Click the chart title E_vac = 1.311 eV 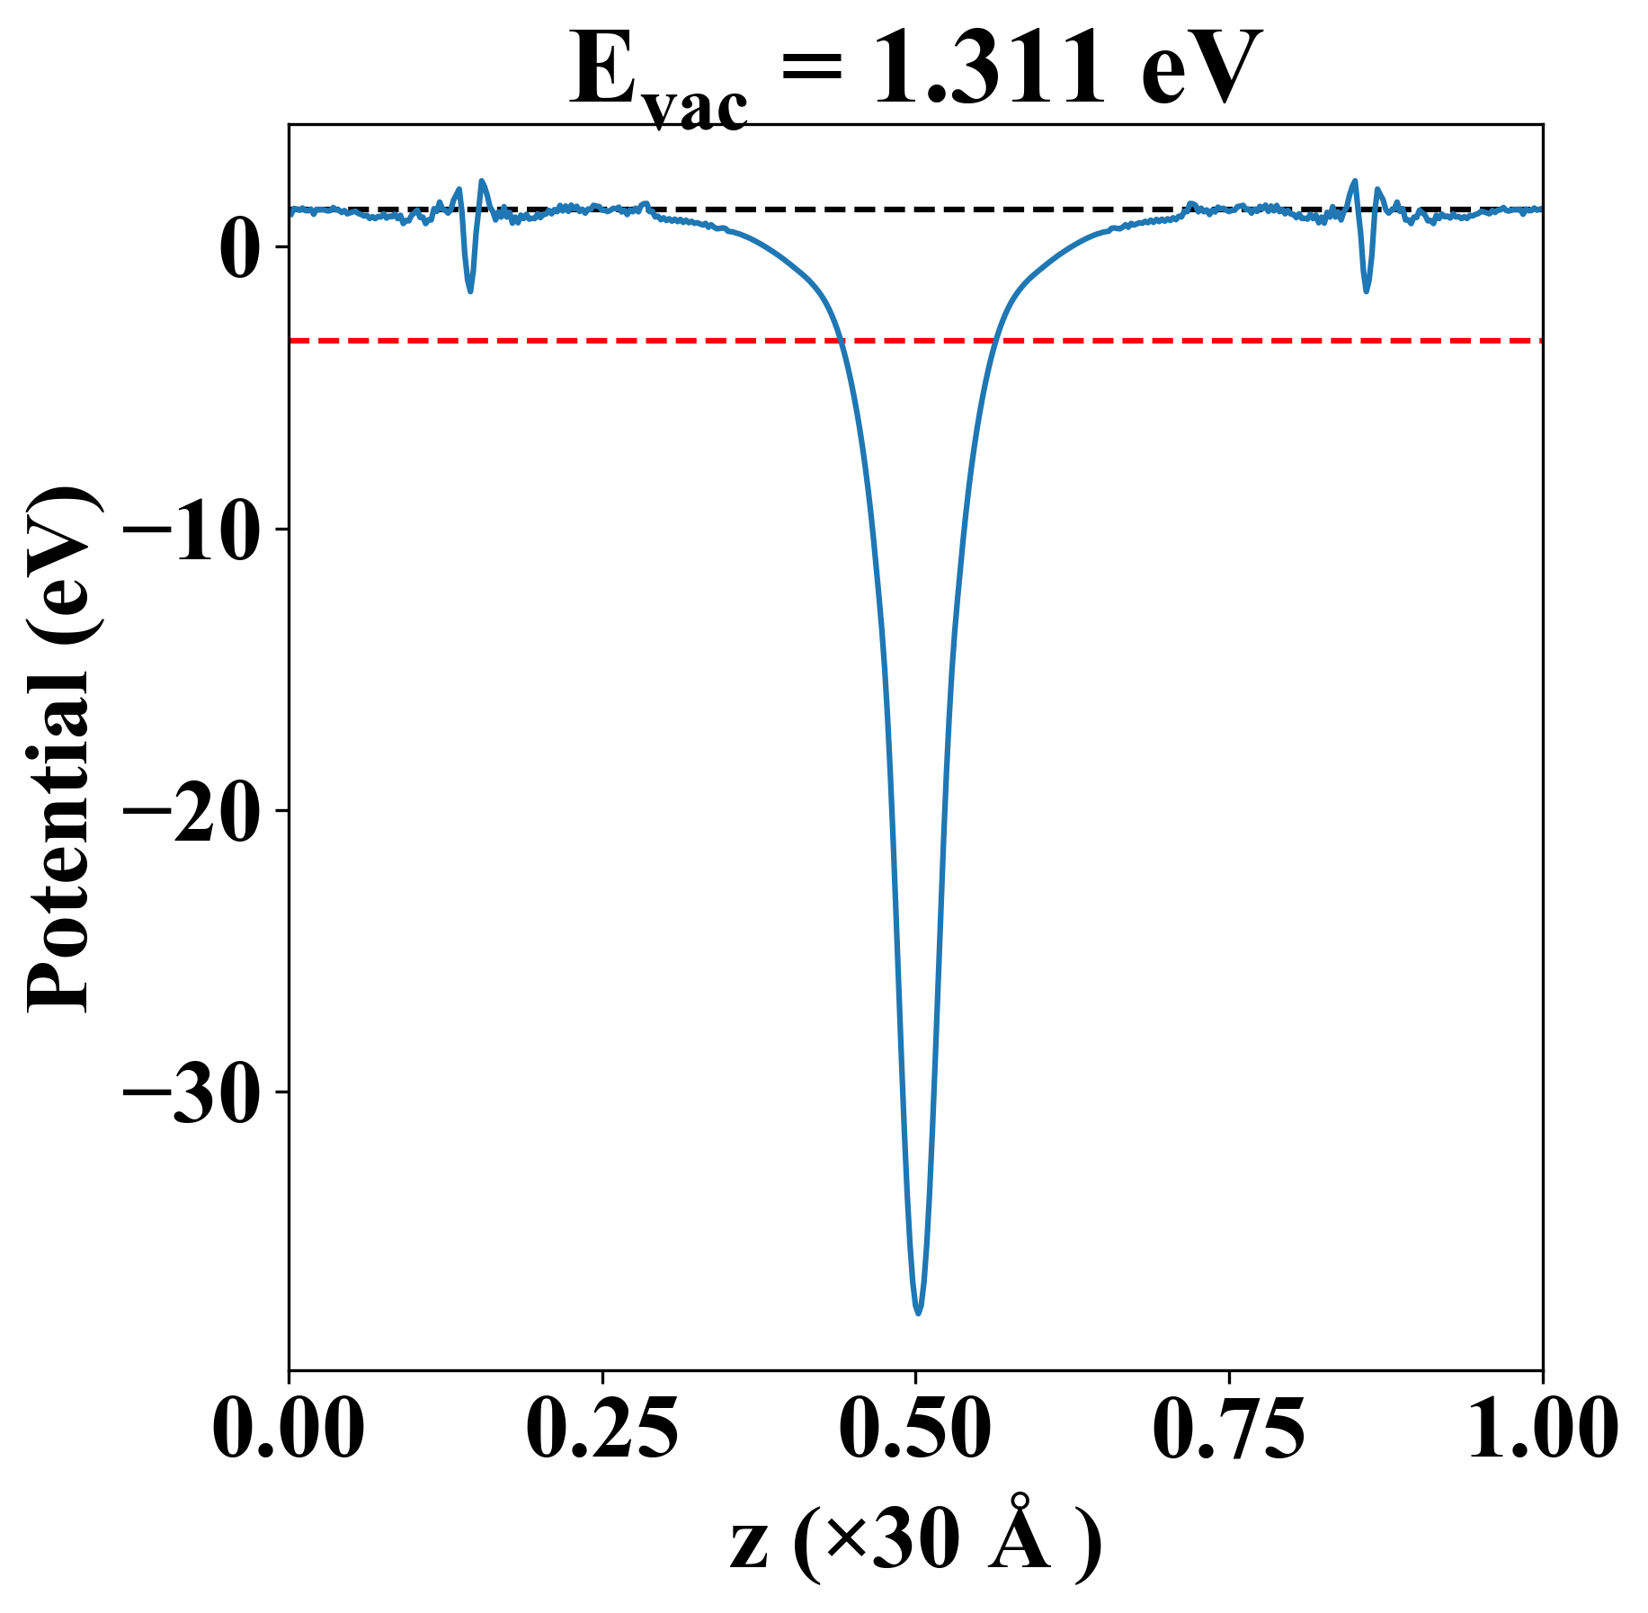coord(915,72)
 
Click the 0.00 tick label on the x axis coord(289,1430)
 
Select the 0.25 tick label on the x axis coord(601,1430)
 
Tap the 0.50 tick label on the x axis coord(915,1430)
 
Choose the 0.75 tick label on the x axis coord(1228,1430)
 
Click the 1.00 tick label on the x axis coord(1541,1430)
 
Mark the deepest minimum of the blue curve coord(918,1313)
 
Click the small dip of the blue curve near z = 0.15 coord(470,290)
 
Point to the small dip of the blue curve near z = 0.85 coord(1367,290)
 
